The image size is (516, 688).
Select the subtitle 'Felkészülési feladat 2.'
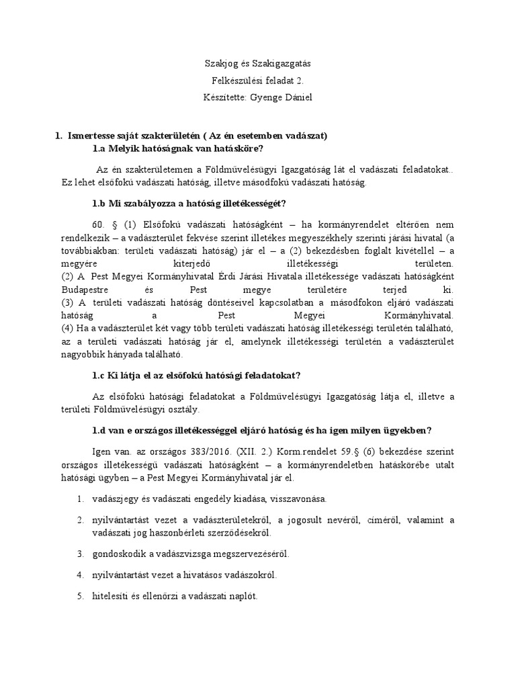(x=257, y=81)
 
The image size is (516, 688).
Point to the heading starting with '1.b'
(x=191, y=204)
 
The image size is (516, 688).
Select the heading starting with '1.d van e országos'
(x=261, y=431)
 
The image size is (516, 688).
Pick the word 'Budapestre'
(x=83, y=290)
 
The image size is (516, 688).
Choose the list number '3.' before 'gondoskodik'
(x=79, y=554)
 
